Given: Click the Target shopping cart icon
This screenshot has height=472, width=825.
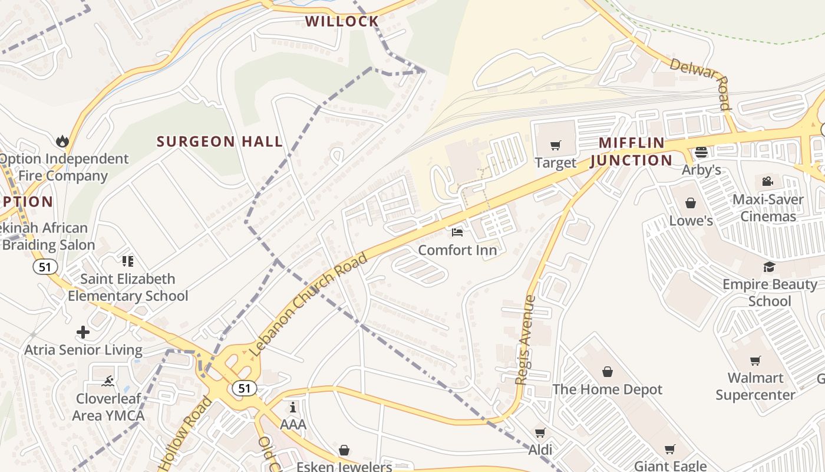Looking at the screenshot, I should [x=555, y=145].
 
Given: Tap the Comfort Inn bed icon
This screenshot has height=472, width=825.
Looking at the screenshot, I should [x=457, y=232].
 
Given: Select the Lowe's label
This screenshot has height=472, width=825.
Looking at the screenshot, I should [x=691, y=221].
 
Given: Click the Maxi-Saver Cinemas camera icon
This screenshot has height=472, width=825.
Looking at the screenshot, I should [x=767, y=181].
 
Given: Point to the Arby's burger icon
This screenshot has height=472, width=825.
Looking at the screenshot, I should [x=701, y=152].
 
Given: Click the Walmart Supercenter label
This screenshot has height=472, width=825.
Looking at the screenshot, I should [x=755, y=386].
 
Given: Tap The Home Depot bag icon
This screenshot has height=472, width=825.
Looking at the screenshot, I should [x=608, y=372].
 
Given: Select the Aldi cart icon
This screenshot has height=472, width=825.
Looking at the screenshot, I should [x=540, y=432].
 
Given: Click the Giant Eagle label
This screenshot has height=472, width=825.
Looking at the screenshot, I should [x=670, y=466].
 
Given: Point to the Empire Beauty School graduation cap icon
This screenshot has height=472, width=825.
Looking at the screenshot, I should [x=769, y=267].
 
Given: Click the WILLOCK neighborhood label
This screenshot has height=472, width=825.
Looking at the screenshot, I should [x=342, y=22].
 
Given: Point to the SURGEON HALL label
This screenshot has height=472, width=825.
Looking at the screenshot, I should [x=219, y=142].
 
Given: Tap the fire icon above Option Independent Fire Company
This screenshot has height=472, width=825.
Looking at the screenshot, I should [x=62, y=141].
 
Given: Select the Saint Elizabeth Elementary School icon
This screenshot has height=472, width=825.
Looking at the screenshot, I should [x=127, y=261].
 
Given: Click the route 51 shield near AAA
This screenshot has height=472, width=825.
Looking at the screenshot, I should [x=244, y=388].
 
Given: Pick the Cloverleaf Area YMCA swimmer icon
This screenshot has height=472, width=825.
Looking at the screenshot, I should [x=107, y=381].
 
